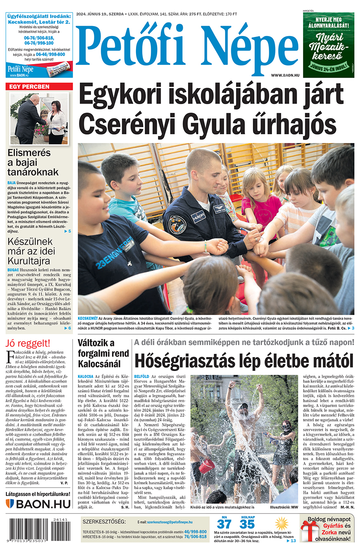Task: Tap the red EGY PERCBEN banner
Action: (39, 86)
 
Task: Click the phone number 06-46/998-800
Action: (50, 54)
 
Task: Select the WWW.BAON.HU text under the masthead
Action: (285, 75)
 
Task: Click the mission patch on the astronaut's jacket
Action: (177, 224)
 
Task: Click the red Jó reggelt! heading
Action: (28, 343)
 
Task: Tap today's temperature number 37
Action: (224, 524)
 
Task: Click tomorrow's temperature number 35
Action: (247, 524)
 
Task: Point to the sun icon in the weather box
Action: (282, 524)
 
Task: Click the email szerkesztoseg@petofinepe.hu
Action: (170, 522)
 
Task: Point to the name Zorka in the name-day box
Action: (329, 532)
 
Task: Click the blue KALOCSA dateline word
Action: (85, 377)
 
